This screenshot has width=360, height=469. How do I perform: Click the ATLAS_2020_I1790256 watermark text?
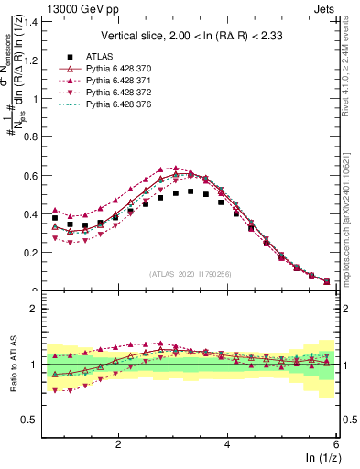click(191, 273)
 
